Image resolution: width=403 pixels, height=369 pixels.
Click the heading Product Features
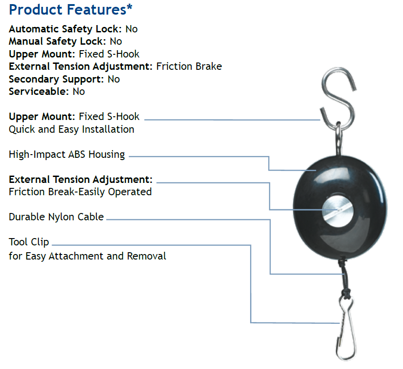pos(68,10)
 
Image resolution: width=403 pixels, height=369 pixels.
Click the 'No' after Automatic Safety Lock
pos(131,29)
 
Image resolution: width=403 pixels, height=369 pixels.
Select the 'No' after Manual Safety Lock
pos(115,42)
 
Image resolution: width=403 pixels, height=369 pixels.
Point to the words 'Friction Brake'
pos(189,66)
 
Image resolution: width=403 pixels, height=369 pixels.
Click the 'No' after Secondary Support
pos(114,79)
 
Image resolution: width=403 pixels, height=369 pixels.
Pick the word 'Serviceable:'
pos(39,91)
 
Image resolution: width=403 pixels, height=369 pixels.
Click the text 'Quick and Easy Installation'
pos(72,129)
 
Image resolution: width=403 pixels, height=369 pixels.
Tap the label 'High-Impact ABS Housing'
pos(67,154)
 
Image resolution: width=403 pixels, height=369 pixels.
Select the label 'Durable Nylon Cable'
pos(56,217)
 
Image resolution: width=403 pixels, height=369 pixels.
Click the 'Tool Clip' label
pos(29,242)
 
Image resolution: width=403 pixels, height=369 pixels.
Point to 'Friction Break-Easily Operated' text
pos(80,192)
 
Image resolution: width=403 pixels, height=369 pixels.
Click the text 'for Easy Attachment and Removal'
pos(87,256)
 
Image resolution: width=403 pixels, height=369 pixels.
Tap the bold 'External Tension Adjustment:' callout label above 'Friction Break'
pos(81,180)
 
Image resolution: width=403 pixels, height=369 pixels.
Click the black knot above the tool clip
pos(346,293)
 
